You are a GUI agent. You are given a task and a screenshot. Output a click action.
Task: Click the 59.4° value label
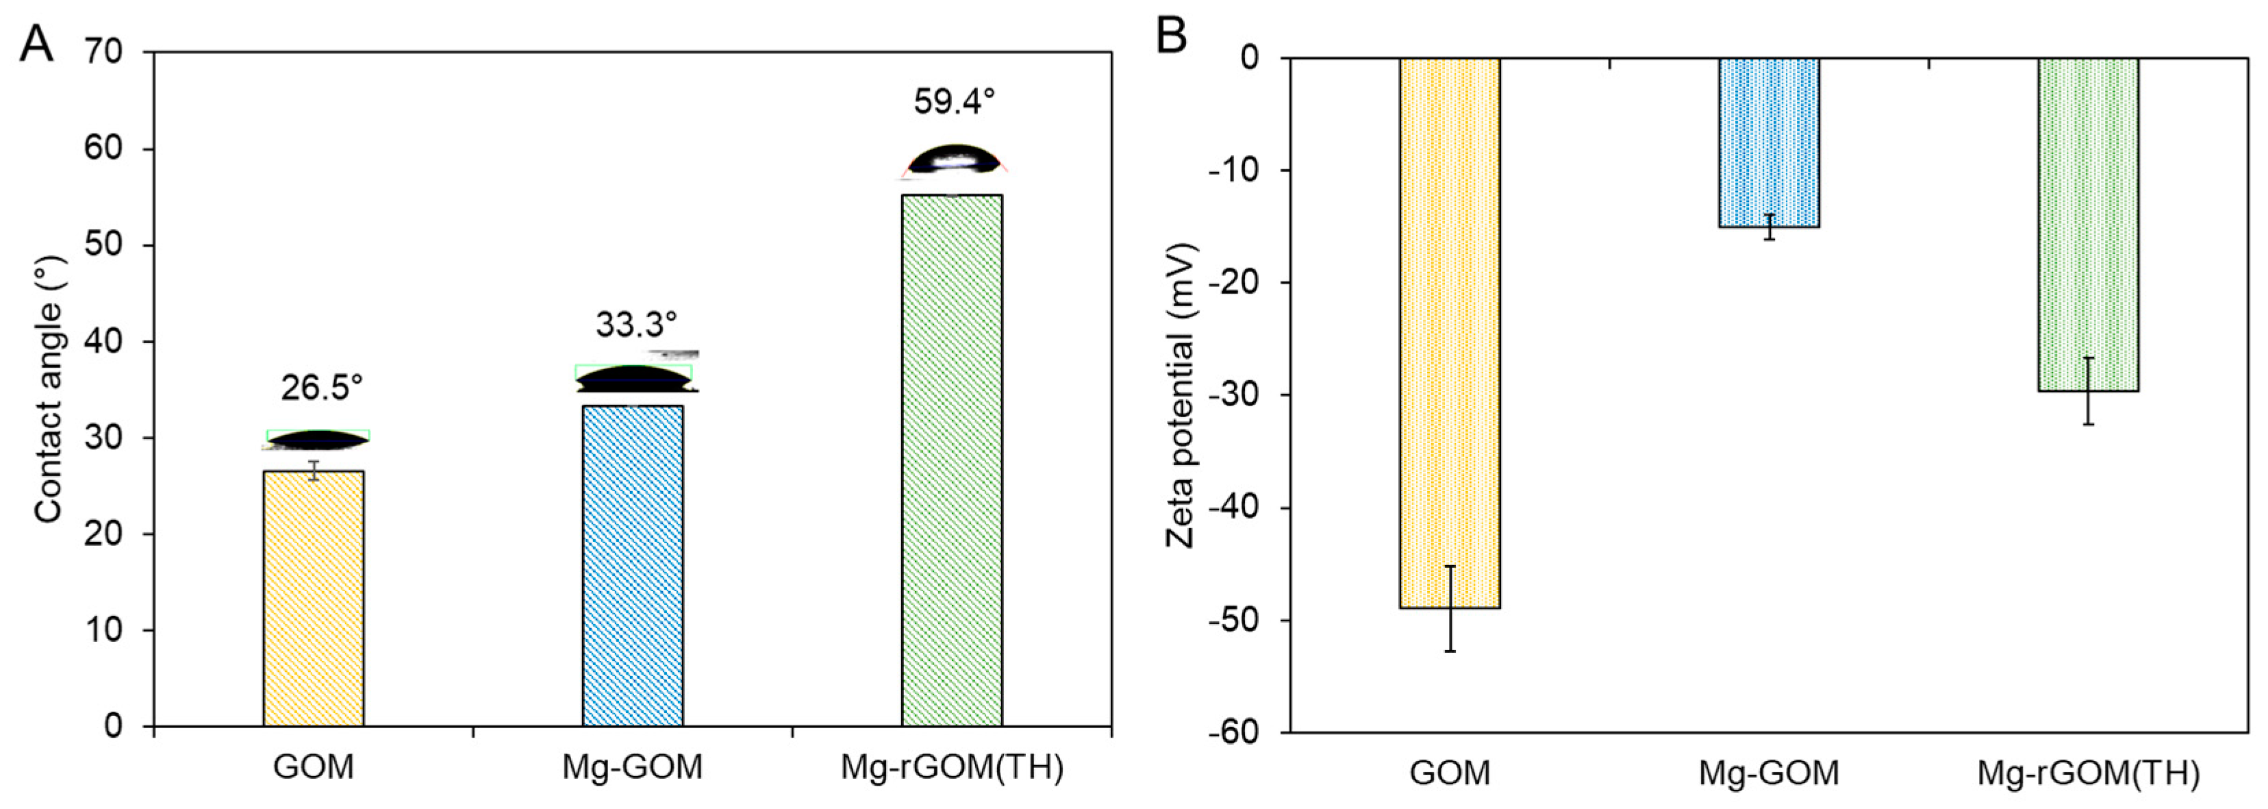coord(953,102)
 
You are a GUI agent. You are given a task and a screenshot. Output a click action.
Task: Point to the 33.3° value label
coord(635,325)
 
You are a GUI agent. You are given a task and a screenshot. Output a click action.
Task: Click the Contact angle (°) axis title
coord(49,388)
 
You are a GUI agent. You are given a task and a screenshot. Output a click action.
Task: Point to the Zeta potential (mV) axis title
coord(1180,395)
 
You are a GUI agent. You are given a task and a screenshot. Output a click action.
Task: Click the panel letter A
coord(36,43)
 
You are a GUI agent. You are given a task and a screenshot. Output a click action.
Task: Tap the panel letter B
coord(1171,37)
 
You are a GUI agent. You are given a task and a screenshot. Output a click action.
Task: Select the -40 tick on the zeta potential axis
coord(1237,508)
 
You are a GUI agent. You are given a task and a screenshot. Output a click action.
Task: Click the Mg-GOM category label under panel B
coord(1769,773)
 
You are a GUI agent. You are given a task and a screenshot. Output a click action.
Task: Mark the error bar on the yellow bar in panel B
coord(1449,608)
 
